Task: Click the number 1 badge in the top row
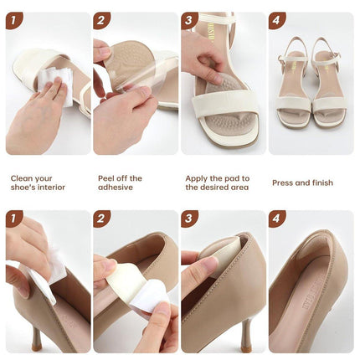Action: (x=14, y=20)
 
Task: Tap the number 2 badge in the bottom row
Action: (x=102, y=219)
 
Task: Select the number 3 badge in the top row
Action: (x=190, y=20)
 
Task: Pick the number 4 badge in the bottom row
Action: (x=277, y=219)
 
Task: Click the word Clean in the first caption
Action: (x=23, y=177)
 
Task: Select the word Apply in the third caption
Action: (x=198, y=177)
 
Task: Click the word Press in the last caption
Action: (x=284, y=183)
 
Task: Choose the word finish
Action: (x=321, y=183)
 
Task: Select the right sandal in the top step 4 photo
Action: (x=327, y=84)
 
